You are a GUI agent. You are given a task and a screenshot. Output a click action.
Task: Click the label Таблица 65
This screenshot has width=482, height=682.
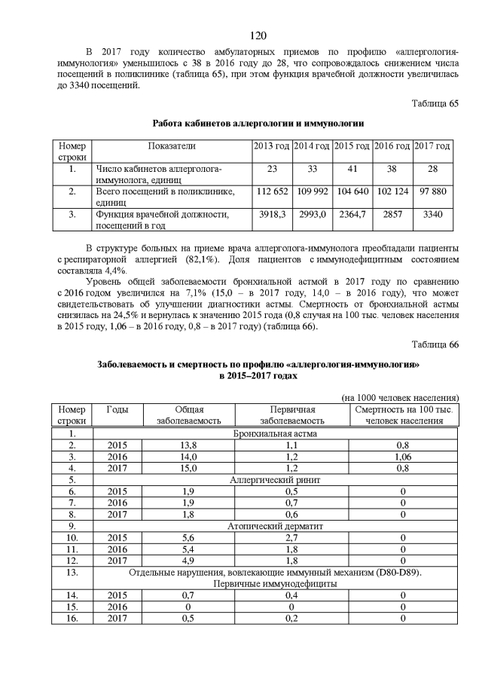pyautogui.click(x=435, y=103)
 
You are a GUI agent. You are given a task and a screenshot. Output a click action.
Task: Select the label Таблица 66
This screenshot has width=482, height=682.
pyautogui.click(x=435, y=344)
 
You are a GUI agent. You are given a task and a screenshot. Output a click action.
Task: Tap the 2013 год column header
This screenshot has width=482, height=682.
pyautogui.click(x=271, y=145)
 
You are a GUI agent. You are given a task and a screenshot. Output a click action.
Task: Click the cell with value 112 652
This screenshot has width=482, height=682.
pyautogui.click(x=271, y=192)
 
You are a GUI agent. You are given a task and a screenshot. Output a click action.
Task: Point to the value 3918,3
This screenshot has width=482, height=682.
pyautogui.click(x=271, y=215)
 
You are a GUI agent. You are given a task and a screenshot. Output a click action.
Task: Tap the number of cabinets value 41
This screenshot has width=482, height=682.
pyautogui.click(x=352, y=169)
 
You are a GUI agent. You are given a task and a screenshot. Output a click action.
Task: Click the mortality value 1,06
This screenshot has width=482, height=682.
pyautogui.click(x=403, y=457)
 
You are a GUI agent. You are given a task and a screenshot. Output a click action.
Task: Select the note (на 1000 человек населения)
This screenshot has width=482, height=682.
pyautogui.click(x=399, y=397)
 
